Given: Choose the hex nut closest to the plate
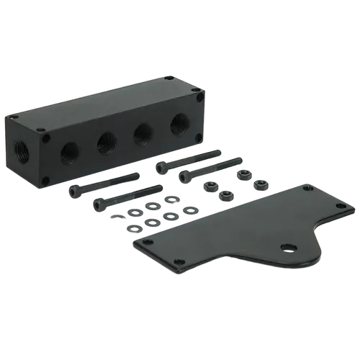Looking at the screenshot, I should coord(225,194).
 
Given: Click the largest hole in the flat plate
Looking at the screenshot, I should coord(288,248).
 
